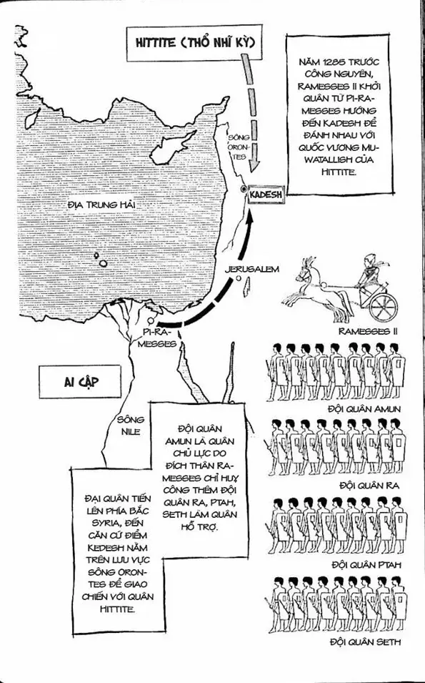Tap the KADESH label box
(267, 194)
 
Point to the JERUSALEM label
(250, 269)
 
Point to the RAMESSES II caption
(367, 331)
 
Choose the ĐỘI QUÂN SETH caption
(365, 642)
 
